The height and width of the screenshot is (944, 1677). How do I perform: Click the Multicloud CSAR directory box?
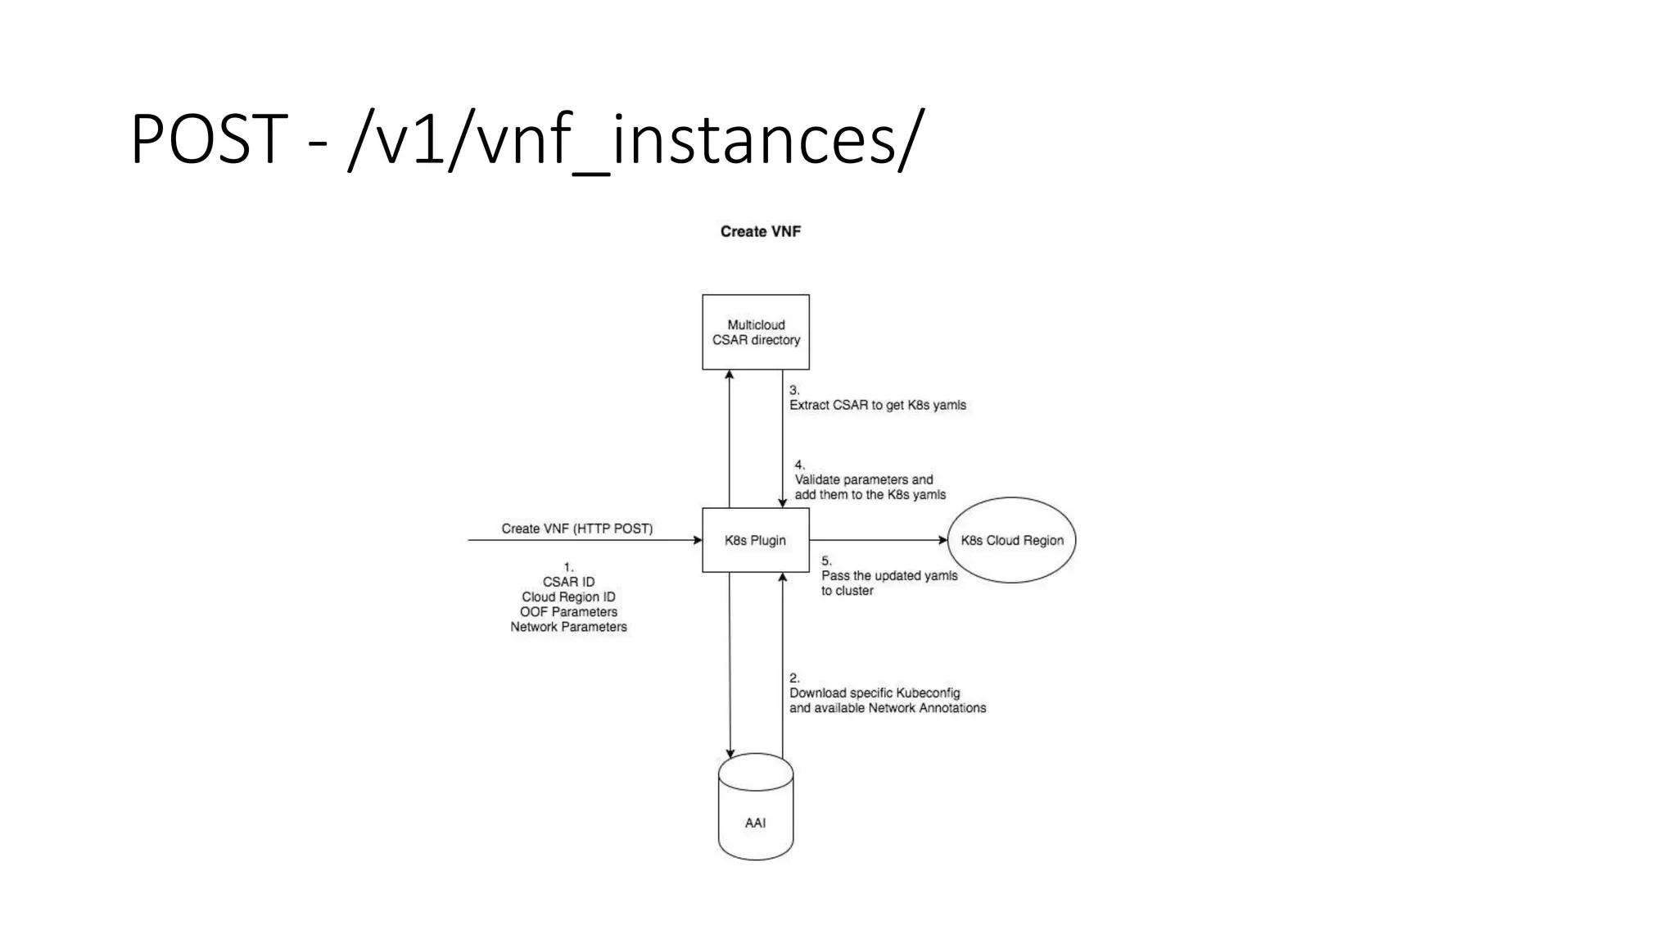[755, 332]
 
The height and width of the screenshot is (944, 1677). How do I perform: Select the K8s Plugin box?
[755, 540]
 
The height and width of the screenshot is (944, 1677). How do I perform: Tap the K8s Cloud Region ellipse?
[1012, 540]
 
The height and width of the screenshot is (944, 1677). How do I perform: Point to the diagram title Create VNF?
[760, 231]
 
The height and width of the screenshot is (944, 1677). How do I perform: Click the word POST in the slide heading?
[209, 139]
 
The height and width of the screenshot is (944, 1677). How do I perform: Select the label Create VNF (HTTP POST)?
[576, 529]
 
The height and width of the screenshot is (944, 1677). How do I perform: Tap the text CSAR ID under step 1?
[568, 582]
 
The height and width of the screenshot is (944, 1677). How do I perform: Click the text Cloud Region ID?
[568, 597]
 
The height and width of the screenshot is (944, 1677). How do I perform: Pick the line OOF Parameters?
[568, 612]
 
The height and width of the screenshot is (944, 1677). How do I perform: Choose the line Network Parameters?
[568, 627]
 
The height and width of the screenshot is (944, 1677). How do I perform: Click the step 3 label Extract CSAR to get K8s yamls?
[877, 405]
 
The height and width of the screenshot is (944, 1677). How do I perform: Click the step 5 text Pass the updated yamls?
[889, 575]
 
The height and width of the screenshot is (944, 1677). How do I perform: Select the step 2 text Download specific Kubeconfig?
[874, 692]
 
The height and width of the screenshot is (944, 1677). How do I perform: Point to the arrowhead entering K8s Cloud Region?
[942, 540]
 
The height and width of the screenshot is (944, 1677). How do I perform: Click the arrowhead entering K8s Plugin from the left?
[698, 540]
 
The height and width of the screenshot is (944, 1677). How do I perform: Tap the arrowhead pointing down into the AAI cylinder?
[730, 753]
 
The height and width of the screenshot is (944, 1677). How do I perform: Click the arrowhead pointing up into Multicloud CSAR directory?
[730, 374]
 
